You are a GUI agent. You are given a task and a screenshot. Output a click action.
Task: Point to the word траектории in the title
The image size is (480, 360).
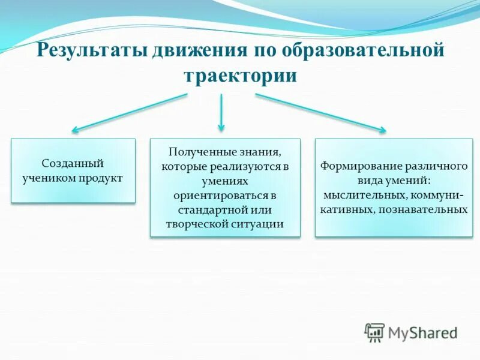(240, 76)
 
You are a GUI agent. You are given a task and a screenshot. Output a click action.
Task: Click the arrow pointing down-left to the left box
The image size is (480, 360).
(130, 112)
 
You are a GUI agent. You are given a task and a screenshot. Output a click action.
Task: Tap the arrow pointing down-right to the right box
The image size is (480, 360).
(320, 112)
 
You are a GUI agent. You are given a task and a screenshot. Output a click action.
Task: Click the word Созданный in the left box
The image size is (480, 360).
(73, 163)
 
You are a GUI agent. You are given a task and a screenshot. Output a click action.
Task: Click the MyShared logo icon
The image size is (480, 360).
(374, 332)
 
